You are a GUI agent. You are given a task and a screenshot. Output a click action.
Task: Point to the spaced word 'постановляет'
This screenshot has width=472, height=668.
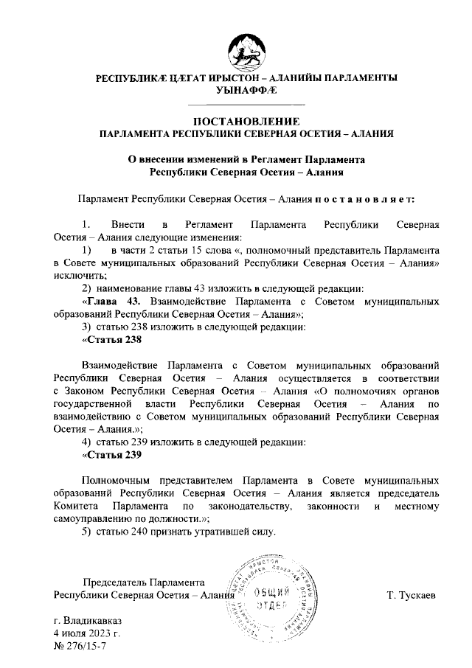pyautogui.click(x=366, y=199)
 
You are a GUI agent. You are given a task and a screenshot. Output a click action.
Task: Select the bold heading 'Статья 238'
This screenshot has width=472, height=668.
pyautogui.click(x=111, y=341)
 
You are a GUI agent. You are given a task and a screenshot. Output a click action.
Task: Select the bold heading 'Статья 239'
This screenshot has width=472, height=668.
pyautogui.click(x=111, y=455)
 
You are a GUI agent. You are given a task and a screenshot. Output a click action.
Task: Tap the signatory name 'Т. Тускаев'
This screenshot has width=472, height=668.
pyautogui.click(x=412, y=594)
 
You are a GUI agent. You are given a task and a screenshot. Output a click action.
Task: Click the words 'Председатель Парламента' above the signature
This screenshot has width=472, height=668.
pyautogui.click(x=144, y=582)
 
